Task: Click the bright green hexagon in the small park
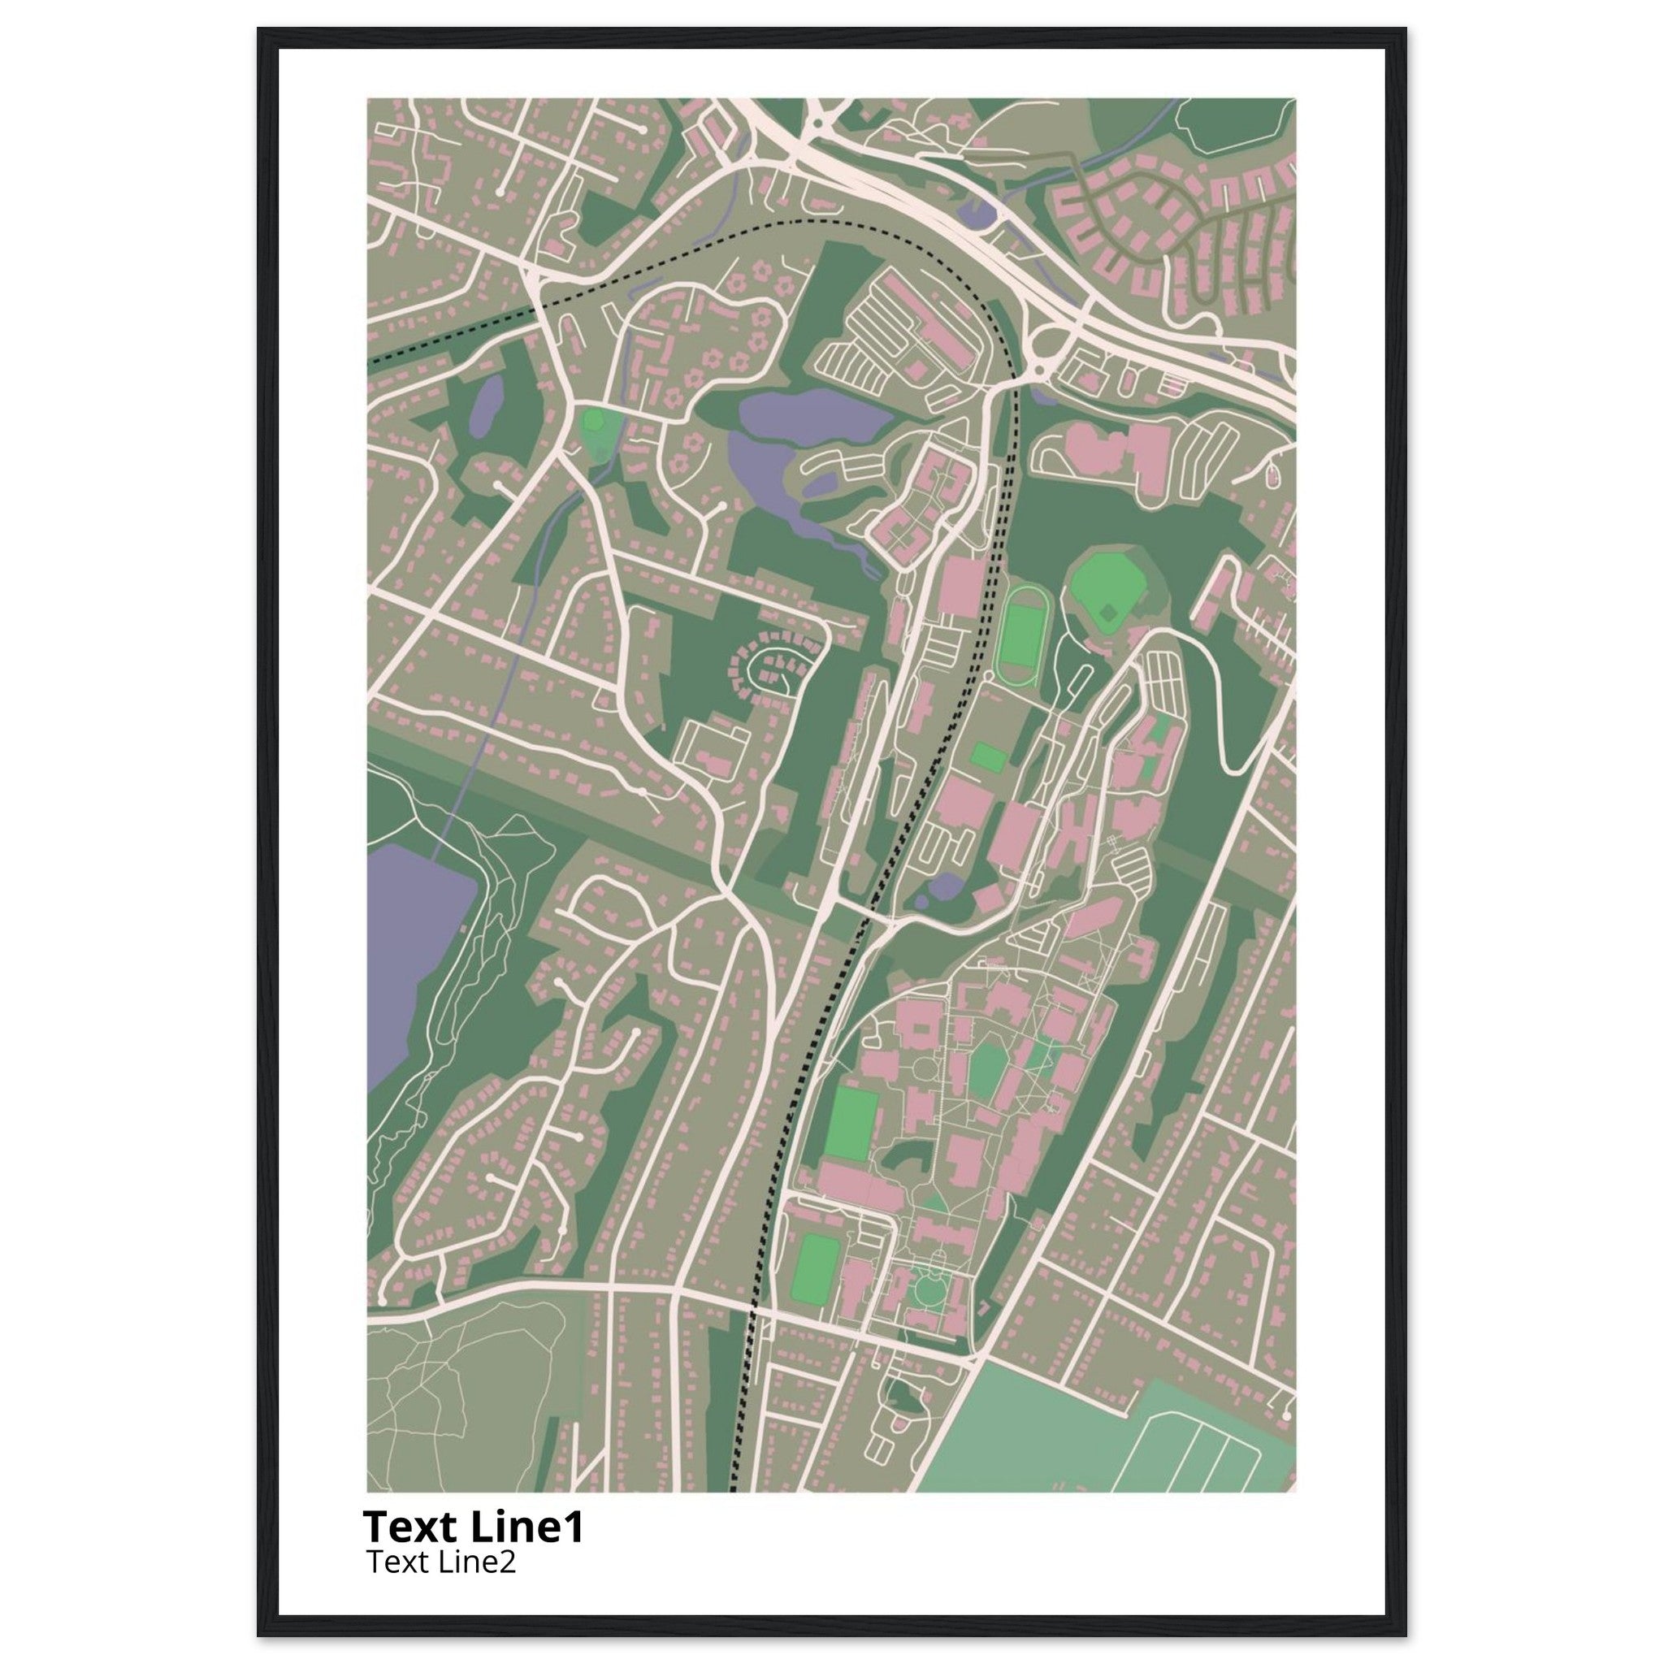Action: pyautogui.click(x=593, y=420)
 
